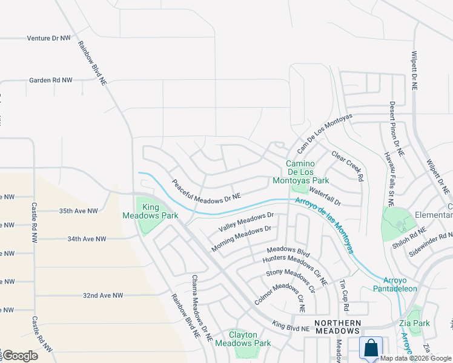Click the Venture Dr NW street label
point(49,38)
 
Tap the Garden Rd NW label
point(51,80)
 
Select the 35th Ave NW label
point(78,211)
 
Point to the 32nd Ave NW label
point(103,295)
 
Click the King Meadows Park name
point(141,211)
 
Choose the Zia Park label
point(415,323)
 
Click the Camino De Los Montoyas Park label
point(308,172)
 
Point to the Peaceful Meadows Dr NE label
point(206,190)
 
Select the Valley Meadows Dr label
point(246,221)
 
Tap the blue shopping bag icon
point(370,348)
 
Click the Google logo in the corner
point(20,356)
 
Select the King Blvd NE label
point(291,327)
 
